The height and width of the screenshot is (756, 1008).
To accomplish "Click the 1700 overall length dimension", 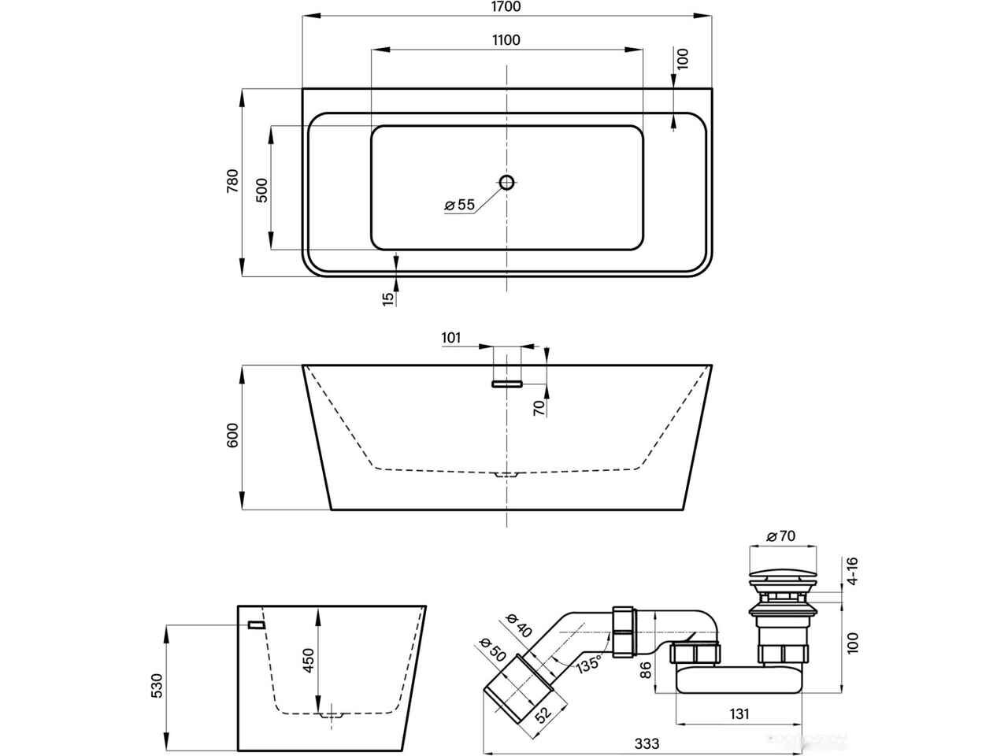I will pos(506,7).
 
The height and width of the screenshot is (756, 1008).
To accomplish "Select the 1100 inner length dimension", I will pos(506,40).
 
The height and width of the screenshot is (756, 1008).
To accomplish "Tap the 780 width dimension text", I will pos(232,182).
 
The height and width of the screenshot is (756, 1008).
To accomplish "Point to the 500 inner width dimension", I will pos(262,189).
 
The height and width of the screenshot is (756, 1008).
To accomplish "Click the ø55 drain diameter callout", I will pos(459,205).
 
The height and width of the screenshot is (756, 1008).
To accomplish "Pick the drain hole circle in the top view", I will pos(506,183).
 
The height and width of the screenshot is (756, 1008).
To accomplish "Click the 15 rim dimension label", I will pos(387,298).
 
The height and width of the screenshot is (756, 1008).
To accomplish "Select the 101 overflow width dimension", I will pos(451,339).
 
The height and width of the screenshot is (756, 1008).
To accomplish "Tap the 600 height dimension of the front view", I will pos(232,436).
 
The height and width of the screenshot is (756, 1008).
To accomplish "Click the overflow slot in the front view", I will pos(507,384).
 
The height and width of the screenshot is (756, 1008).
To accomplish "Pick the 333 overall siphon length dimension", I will pos(646,743).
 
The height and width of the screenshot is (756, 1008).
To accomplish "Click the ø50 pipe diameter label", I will pos(493,650).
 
